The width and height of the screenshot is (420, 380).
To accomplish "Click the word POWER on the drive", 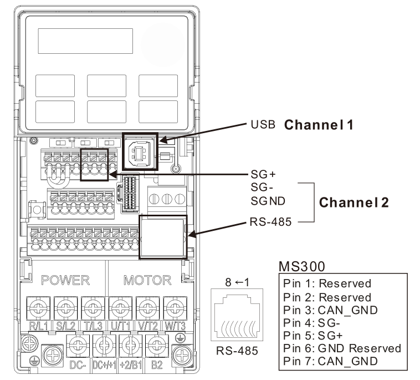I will tap(61, 280).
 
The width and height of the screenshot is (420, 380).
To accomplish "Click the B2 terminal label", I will tap(156, 366).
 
